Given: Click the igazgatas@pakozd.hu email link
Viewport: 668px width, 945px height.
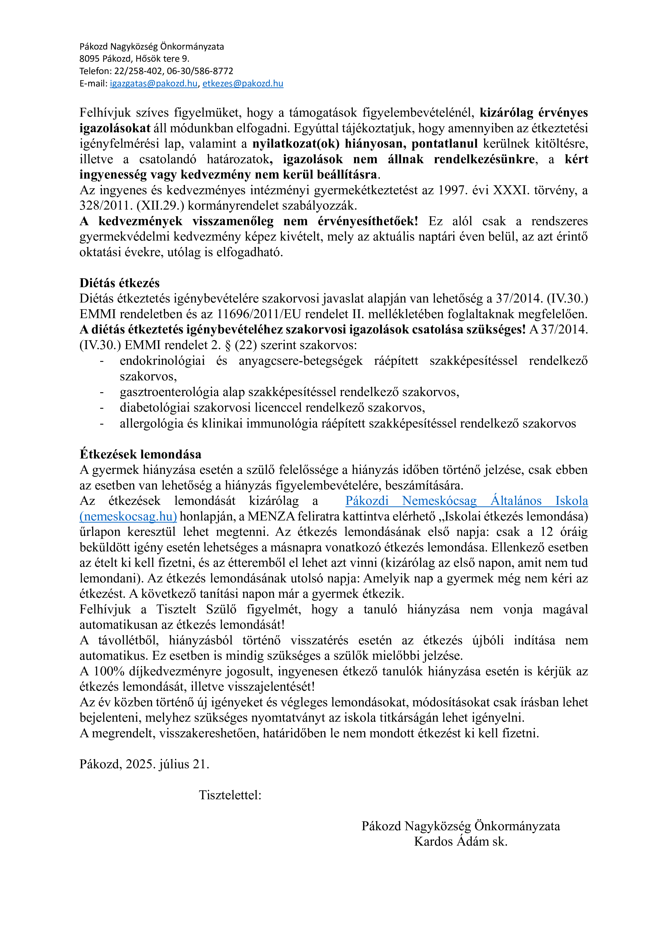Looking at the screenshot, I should [x=153, y=84].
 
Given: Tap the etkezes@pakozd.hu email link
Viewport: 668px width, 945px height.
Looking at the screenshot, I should [x=243, y=84].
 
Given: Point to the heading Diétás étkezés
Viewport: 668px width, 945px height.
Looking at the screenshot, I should [x=119, y=283].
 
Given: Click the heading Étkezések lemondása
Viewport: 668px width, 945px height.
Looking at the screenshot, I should [x=140, y=454].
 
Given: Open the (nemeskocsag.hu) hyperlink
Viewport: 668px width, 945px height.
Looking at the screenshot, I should [x=128, y=516].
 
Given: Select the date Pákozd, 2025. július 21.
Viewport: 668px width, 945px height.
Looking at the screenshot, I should [x=144, y=764].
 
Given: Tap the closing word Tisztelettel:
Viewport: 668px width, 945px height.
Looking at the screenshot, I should [x=230, y=795].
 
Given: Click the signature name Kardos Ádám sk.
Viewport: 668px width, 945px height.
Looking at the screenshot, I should [x=460, y=841].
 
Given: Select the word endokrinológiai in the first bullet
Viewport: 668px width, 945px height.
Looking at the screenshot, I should [x=162, y=361].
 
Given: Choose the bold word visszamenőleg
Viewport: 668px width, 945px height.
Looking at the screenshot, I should [x=233, y=221].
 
